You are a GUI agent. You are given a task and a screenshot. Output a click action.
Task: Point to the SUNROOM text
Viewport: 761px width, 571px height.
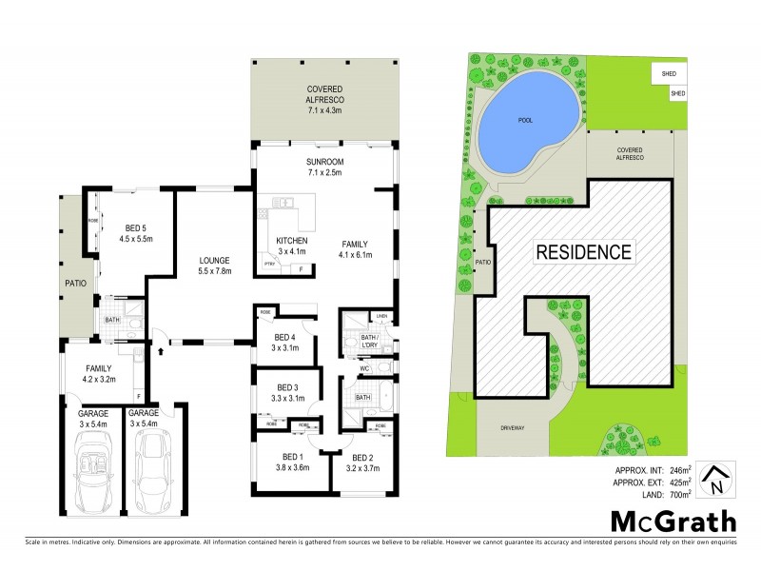[x=324, y=162]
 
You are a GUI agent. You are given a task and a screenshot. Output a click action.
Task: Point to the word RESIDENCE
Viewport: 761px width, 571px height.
[x=583, y=252]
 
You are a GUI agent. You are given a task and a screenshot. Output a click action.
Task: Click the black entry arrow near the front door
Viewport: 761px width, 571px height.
[x=160, y=350]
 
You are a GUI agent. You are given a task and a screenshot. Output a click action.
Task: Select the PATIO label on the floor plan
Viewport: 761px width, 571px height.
[x=74, y=284]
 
